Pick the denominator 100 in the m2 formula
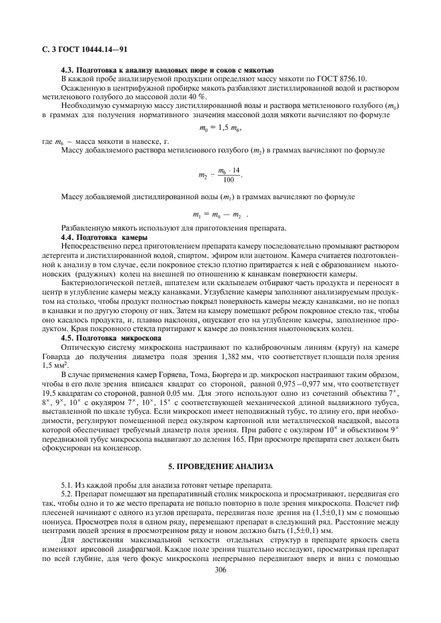coord(229,180)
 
